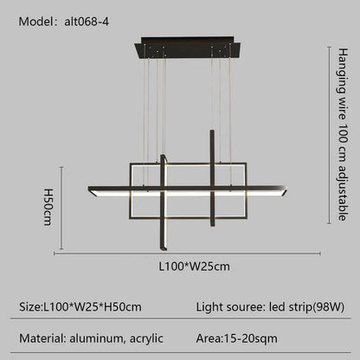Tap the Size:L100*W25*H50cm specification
coord(81,306)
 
